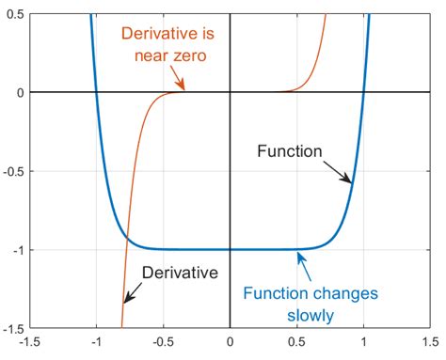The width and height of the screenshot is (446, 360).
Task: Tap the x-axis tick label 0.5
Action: click(x=296, y=343)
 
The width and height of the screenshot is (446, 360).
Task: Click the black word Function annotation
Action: click(x=289, y=149)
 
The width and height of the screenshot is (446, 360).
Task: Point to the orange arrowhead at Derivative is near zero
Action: click(x=183, y=87)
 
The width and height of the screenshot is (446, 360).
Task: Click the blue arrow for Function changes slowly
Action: click(x=308, y=266)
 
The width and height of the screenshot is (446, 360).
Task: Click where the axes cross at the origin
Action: click(x=230, y=92)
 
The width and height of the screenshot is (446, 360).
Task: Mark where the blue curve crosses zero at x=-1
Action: click(x=96, y=92)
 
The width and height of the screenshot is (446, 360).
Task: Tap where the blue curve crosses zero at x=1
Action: click(x=363, y=92)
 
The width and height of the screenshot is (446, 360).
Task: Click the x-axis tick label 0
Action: click(x=230, y=343)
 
